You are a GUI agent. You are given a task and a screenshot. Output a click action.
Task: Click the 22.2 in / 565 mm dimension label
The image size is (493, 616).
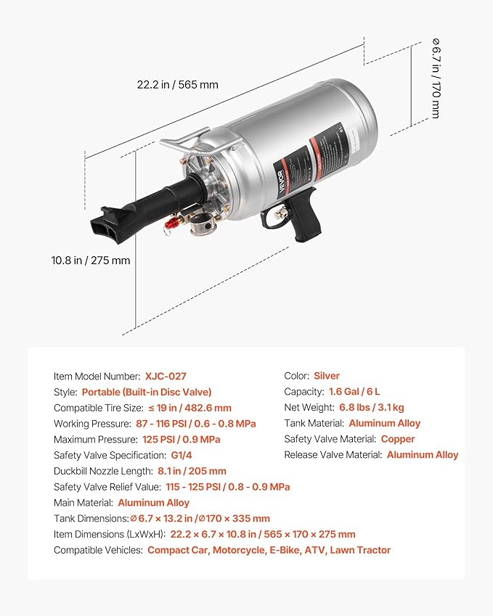(177, 85)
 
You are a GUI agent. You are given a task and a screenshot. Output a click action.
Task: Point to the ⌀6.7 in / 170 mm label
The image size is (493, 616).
(435, 78)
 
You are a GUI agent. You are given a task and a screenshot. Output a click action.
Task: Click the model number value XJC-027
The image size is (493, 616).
(165, 376)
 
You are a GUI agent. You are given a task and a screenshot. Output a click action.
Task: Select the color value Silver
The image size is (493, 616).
(326, 376)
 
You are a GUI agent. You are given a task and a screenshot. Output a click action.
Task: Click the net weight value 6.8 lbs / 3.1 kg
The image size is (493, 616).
(372, 407)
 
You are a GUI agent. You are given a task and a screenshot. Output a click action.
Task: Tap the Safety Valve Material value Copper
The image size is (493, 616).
(397, 439)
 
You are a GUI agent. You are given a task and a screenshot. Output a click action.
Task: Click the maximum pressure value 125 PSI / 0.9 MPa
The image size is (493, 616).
(179, 439)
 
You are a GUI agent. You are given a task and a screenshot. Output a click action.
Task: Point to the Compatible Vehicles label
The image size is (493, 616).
(98, 550)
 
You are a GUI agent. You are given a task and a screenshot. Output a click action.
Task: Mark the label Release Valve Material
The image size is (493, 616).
(333, 455)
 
